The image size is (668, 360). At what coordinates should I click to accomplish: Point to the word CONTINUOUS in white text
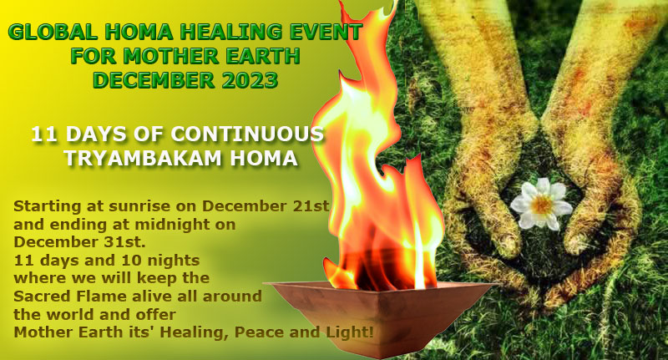pos(247,134)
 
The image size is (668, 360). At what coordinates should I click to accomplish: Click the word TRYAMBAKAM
pos(143,158)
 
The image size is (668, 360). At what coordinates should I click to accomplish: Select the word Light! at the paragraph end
pos(350,332)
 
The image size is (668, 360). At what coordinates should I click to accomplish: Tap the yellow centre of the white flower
pos(541,205)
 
